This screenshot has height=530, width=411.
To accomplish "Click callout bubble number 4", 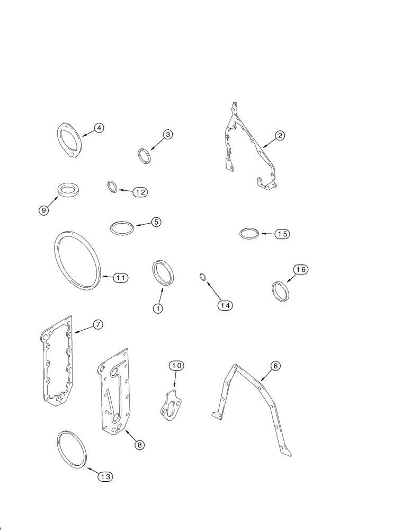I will point(99,127).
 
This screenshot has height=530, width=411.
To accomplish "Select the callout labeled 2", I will point(280,135).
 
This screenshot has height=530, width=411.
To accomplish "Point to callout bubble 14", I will point(225,305).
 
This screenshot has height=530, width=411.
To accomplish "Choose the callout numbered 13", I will point(105,476).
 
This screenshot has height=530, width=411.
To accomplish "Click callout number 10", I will point(176,365).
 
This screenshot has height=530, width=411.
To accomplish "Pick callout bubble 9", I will point(43,210).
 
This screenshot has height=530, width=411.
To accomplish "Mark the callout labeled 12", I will point(140,192).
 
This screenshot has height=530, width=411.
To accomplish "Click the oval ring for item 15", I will point(249,234).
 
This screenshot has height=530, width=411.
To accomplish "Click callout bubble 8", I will point(139,445).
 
